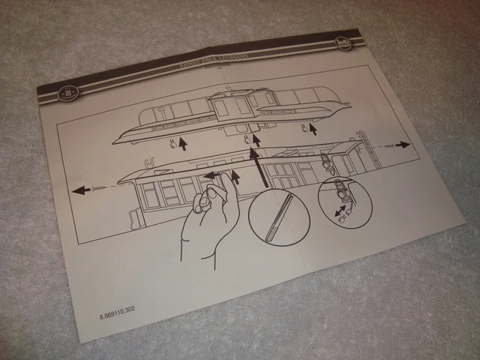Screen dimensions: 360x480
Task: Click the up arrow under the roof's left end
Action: click(x=183, y=143)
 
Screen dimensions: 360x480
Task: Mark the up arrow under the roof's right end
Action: click(x=313, y=130)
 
